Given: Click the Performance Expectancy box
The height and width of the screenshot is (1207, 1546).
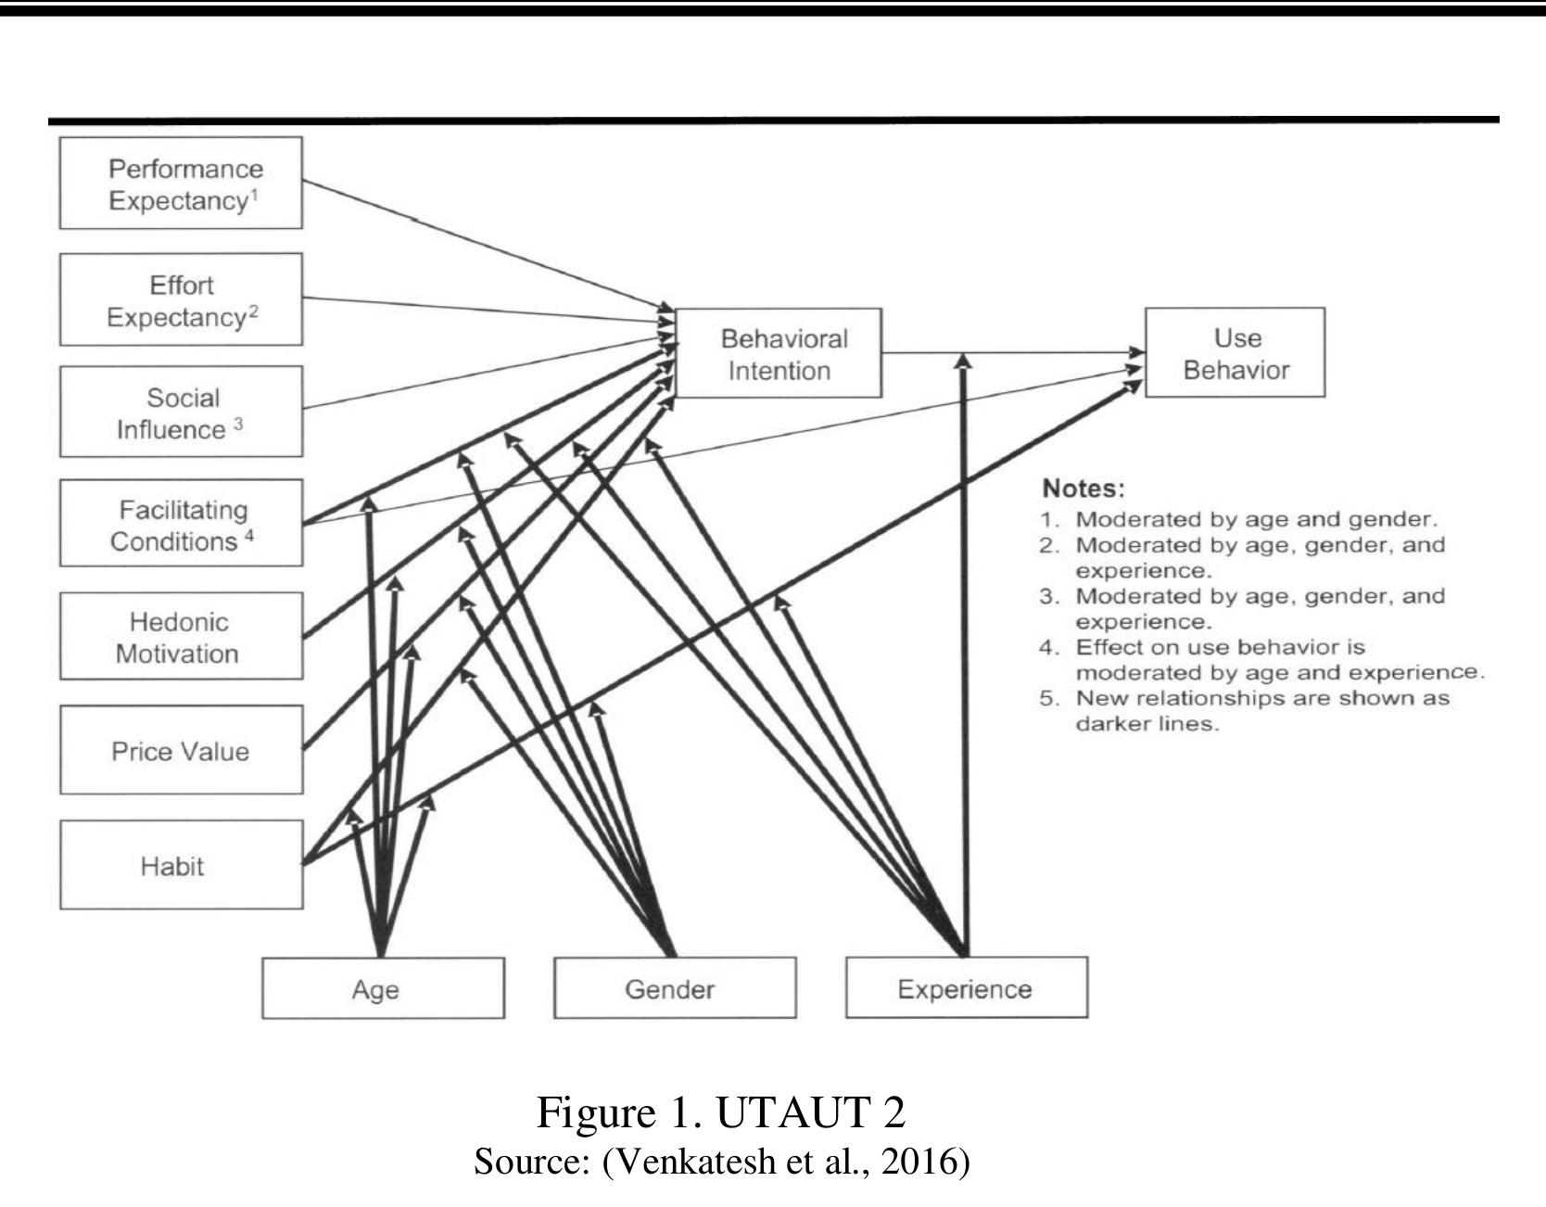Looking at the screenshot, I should click(x=181, y=184).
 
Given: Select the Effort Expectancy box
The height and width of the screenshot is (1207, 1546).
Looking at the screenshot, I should click(x=181, y=299).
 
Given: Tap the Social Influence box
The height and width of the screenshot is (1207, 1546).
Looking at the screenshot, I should click(x=181, y=413).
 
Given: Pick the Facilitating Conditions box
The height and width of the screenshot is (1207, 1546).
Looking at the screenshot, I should click(x=181, y=524).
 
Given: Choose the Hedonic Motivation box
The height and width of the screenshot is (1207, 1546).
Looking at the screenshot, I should click(x=181, y=637).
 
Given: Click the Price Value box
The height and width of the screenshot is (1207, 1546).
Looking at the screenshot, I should click(x=181, y=750).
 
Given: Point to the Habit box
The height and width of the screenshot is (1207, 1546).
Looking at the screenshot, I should click(x=181, y=865).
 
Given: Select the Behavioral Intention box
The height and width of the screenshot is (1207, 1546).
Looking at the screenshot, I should click(x=779, y=353).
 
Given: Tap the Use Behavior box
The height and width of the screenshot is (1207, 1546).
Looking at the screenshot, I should click(x=1235, y=353).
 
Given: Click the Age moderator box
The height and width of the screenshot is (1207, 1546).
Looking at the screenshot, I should click(x=383, y=988).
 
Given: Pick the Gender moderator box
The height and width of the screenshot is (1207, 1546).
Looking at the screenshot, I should click(x=675, y=988).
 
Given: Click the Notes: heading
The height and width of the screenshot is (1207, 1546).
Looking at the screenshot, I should click(x=1083, y=489).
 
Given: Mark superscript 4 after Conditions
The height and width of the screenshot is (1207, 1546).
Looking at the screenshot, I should click(x=249, y=535).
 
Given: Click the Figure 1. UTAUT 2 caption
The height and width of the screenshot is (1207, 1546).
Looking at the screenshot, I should click(x=720, y=1112).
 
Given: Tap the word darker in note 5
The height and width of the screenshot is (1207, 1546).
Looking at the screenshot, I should click(x=1107, y=724).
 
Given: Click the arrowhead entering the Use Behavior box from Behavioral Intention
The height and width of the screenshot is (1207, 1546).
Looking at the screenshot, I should click(x=1137, y=352).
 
